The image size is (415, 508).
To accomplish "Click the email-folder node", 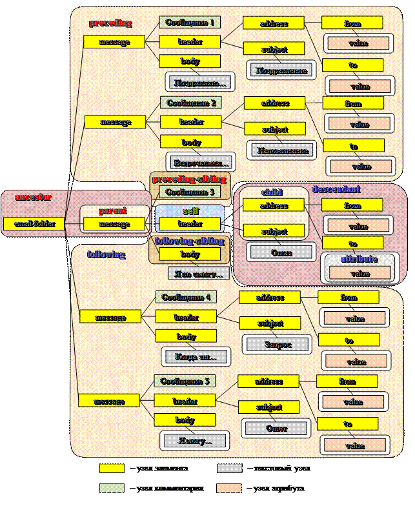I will click(34, 224).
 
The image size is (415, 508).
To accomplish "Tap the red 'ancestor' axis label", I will click(33, 197).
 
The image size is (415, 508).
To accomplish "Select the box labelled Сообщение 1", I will click(190, 23).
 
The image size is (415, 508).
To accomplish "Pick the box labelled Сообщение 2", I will click(191, 103).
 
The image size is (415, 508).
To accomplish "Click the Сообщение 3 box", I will click(189, 192).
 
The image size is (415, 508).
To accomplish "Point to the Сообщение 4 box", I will click(186, 298).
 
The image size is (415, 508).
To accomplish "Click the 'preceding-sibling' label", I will click(189, 179).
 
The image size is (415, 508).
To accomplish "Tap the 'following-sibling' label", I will click(190, 241).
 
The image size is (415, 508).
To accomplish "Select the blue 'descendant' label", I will click(336, 190).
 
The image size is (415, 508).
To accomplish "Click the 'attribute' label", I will click(359, 259).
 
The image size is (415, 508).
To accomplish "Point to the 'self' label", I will click(191, 211).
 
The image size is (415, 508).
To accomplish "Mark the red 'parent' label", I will click(113, 210).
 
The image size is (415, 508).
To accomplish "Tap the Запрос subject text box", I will click(277, 345).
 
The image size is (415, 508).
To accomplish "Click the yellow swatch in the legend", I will click(112, 468).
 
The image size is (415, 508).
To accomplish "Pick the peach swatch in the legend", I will click(230, 488).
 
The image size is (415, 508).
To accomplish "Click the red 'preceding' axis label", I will click(110, 23).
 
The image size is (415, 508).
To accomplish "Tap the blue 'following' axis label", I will click(106, 254).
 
